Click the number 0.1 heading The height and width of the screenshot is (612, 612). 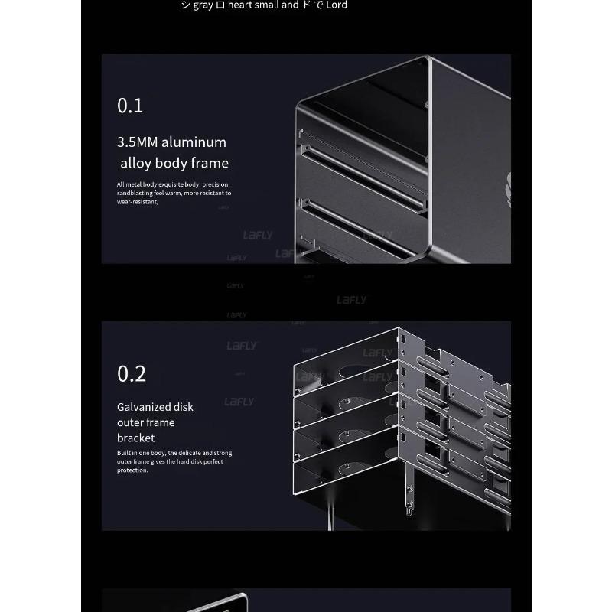130,106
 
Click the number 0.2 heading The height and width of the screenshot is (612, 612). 131,374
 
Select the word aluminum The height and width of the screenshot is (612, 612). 194,142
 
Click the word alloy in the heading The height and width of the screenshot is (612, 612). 135,163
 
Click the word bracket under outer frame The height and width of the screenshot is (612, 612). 135,438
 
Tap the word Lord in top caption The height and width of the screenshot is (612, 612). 337,5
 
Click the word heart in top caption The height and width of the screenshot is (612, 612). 242,5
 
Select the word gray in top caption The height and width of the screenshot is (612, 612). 202,5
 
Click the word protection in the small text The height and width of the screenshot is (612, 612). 132,470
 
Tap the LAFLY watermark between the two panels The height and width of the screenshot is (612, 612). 351,301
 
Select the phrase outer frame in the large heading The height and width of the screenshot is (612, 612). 145,422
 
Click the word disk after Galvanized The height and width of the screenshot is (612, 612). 184,407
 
